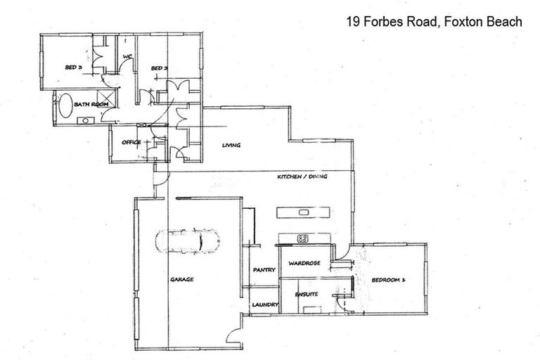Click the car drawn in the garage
[x=188, y=241]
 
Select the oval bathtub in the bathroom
[x=65, y=105]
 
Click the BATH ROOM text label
[x=92, y=104]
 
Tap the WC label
[x=128, y=57]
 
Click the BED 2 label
[x=160, y=67]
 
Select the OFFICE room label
[x=131, y=143]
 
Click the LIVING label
[x=231, y=146]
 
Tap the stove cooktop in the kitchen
[x=304, y=238]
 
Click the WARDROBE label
[x=305, y=263]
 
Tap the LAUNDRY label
[x=266, y=304]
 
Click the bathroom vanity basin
[x=84, y=120]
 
